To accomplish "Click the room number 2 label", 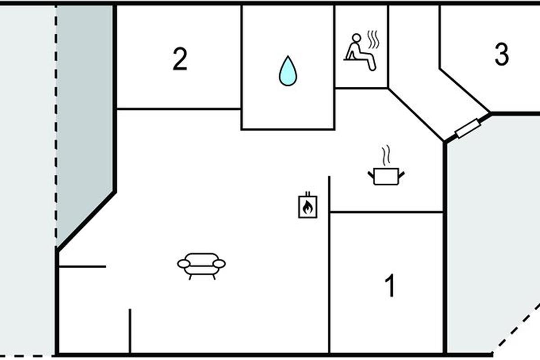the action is [x=180, y=59].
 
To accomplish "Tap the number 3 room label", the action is [x=502, y=54].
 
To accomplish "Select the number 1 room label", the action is [x=390, y=285].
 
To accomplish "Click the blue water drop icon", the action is [x=288, y=71].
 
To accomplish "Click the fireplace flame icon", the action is [x=308, y=205].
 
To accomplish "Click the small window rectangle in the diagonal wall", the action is [x=468, y=128].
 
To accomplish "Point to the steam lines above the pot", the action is [x=386, y=155].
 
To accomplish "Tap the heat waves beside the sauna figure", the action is [x=373, y=39].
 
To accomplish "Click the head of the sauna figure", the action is [x=356, y=38].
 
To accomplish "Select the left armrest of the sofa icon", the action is [x=184, y=264].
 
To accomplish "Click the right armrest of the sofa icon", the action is [x=220, y=264].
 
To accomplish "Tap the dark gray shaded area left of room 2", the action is [x=85, y=108].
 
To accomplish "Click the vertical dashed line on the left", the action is [x=56, y=126].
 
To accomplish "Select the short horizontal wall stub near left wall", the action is [x=82, y=266].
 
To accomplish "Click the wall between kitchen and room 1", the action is [x=386, y=212].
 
